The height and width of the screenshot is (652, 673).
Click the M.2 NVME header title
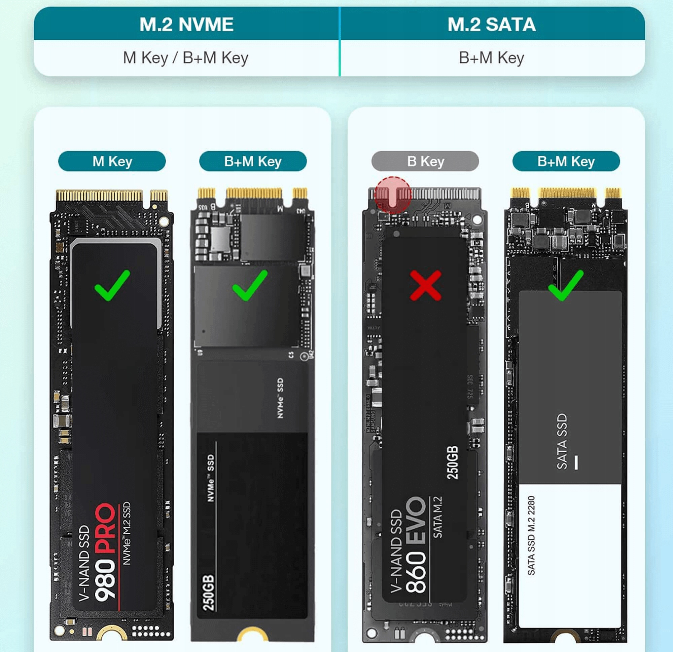(x=186, y=24)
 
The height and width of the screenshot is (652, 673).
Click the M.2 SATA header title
(x=491, y=24)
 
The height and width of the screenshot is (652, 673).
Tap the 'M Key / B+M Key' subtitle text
(x=185, y=57)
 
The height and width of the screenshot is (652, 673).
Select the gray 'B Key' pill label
(x=425, y=161)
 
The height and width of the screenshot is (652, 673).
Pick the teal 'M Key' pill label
(x=112, y=161)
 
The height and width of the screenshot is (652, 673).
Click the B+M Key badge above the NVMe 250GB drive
(x=253, y=161)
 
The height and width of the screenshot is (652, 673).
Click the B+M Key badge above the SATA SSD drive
(x=566, y=161)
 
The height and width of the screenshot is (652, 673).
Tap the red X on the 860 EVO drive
(x=425, y=285)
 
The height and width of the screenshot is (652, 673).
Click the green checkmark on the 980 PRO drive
(x=112, y=285)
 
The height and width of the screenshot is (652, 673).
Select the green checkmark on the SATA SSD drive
(x=566, y=285)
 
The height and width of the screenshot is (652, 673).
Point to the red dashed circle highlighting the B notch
(x=393, y=195)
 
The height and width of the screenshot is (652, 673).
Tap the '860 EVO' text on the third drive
(x=416, y=545)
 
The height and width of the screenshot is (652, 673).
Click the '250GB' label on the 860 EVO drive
(x=452, y=463)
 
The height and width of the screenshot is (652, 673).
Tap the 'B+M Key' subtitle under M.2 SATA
(x=491, y=57)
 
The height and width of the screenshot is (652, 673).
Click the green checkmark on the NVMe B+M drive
(x=250, y=285)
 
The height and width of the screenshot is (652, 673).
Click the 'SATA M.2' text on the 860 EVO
(x=437, y=517)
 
